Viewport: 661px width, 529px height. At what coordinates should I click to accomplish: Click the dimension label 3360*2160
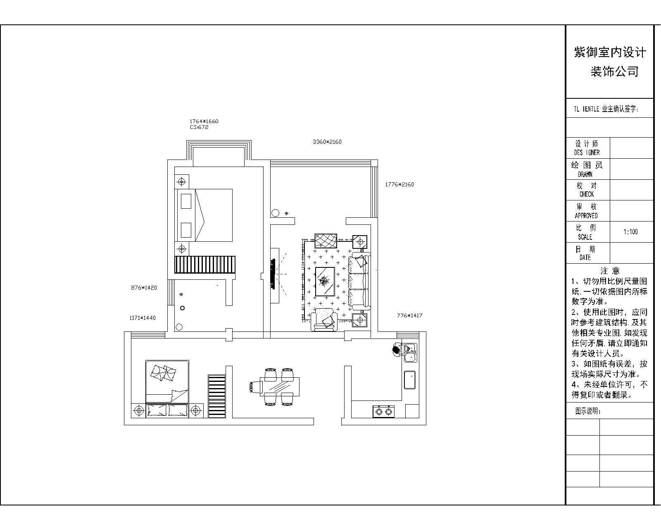[x=327, y=142]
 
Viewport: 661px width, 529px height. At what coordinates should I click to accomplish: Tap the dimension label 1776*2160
[x=399, y=184]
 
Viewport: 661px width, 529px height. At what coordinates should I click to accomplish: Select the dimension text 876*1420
[x=144, y=288]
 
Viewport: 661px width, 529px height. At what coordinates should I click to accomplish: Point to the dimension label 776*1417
[x=410, y=315]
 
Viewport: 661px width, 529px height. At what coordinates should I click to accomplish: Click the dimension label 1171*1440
[x=143, y=318]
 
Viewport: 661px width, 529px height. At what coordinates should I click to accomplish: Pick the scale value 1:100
[x=630, y=232]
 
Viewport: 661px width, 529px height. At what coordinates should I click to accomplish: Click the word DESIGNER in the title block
[x=587, y=153]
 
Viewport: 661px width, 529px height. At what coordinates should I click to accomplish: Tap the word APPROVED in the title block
[x=586, y=215]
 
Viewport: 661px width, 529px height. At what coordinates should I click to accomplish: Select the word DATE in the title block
[x=585, y=257]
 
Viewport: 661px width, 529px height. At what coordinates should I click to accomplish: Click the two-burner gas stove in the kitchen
[x=384, y=411]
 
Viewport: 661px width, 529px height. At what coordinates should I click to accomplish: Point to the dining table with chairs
[x=275, y=387]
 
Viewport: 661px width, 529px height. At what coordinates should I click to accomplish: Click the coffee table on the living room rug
[x=325, y=281]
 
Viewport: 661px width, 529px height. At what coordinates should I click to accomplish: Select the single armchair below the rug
[x=324, y=320]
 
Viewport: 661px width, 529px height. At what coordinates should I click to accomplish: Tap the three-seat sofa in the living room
[x=359, y=281]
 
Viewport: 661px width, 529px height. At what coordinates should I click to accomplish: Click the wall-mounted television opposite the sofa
[x=272, y=274]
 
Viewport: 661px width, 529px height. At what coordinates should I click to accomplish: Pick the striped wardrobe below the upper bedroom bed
[x=205, y=264]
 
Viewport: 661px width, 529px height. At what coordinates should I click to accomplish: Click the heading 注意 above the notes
[x=610, y=271]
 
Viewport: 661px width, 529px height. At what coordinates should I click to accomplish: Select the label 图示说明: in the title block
[x=588, y=411]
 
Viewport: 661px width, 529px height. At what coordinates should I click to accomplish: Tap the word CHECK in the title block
[x=586, y=194]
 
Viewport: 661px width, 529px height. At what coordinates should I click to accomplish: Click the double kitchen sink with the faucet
[x=410, y=353]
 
